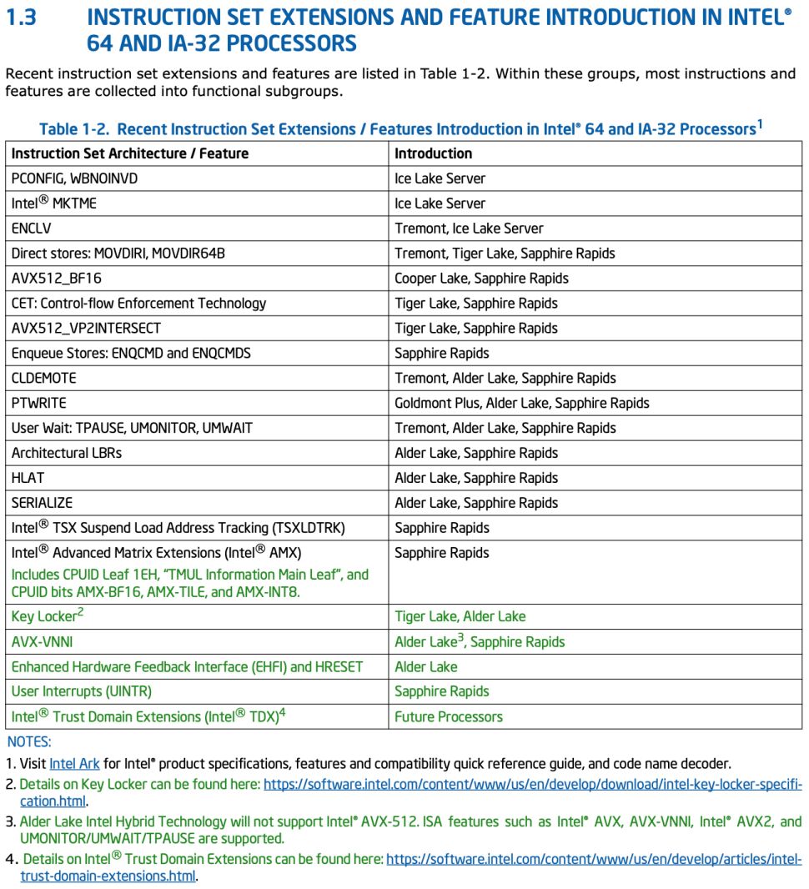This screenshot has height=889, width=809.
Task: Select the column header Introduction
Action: click(433, 153)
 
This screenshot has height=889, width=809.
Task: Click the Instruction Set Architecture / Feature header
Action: click(130, 153)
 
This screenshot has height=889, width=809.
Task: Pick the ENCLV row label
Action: click(33, 229)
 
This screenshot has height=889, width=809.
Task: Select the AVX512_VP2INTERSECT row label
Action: click(86, 329)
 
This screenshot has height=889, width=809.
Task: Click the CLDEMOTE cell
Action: click(43, 379)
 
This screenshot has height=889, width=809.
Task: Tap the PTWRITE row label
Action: click(38, 404)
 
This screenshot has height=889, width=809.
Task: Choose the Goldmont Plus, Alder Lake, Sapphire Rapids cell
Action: click(521, 404)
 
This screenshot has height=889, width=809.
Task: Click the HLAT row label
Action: click(28, 479)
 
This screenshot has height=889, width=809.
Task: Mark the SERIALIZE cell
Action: click(42, 504)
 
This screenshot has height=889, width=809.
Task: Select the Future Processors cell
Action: click(449, 717)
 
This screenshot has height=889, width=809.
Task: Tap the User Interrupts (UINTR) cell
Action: click(81, 691)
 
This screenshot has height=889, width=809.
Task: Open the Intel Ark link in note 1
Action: click(74, 764)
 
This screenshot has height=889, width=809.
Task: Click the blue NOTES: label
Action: click(29, 741)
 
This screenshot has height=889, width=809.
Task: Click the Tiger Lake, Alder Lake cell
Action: click(460, 617)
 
